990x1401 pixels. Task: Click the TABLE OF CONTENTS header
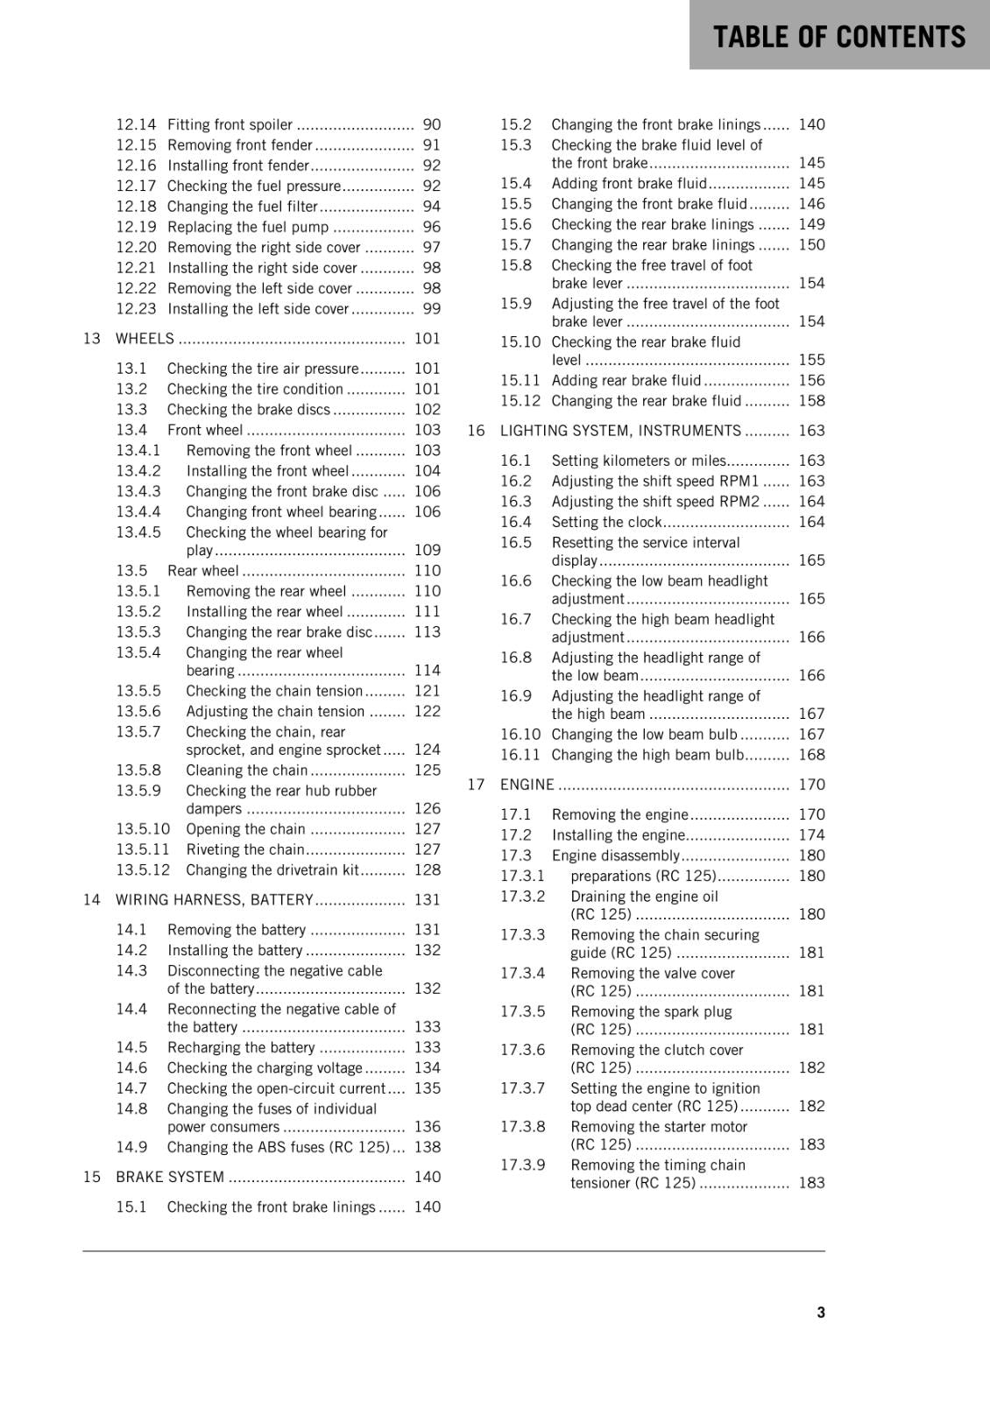click(838, 36)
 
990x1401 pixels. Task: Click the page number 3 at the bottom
click(821, 1312)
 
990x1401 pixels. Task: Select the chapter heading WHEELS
click(145, 339)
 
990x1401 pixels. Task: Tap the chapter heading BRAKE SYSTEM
click(170, 1177)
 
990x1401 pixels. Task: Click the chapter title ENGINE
click(527, 785)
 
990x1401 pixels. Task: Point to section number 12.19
click(136, 227)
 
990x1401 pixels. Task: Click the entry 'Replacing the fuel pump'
click(247, 227)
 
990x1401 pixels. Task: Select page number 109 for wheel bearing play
click(427, 550)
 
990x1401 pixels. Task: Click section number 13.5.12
click(143, 869)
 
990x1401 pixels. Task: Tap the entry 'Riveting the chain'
click(245, 849)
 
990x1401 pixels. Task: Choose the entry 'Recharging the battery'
click(241, 1047)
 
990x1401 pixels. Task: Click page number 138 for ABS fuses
click(427, 1147)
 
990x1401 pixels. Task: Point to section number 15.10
click(520, 342)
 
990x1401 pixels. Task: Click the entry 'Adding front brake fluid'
click(628, 183)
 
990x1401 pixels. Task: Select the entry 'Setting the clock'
click(606, 522)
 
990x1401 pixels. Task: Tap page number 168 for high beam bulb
click(811, 755)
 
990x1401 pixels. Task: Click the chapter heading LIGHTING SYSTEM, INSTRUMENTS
click(620, 431)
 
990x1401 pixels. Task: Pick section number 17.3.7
click(522, 1088)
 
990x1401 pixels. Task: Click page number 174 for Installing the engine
click(811, 835)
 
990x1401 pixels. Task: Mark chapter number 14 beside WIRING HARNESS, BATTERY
click(92, 899)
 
